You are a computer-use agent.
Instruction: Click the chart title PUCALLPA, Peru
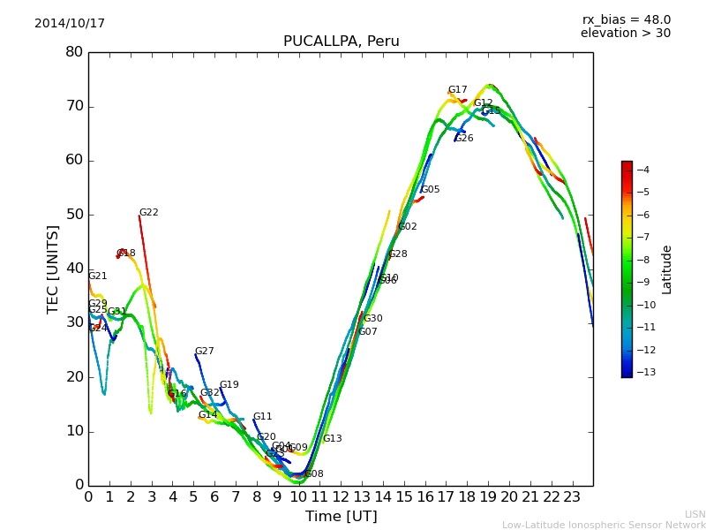341,42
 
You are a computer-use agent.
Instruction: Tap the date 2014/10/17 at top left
70,24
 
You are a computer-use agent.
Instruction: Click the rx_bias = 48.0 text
626,20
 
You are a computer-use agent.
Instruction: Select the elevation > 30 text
625,34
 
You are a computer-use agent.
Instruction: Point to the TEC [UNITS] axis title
53,269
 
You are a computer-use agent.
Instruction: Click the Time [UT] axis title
341,517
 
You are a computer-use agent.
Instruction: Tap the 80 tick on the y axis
73,52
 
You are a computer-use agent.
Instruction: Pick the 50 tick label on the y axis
73,215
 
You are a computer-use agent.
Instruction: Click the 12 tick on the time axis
341,497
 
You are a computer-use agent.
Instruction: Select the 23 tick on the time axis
572,497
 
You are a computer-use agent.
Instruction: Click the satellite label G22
149,213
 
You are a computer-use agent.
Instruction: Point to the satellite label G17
457,90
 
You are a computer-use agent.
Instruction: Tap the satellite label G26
464,139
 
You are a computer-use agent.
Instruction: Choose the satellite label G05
430,190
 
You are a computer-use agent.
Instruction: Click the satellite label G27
205,352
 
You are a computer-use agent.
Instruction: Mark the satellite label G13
332,439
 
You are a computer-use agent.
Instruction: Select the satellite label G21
97,276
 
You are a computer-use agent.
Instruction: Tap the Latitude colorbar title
667,269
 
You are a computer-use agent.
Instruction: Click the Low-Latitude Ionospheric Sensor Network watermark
604,525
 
